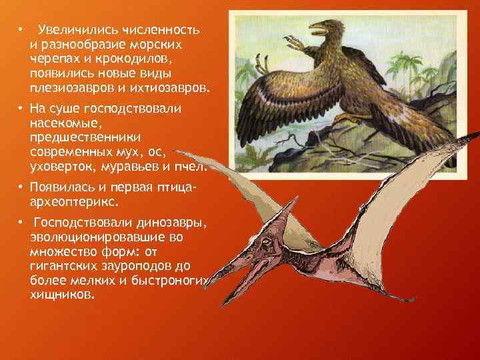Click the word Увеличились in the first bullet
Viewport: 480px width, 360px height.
(x=77, y=31)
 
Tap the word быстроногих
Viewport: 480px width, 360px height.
(x=172, y=281)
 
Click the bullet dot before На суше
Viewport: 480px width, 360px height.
(x=22, y=108)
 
